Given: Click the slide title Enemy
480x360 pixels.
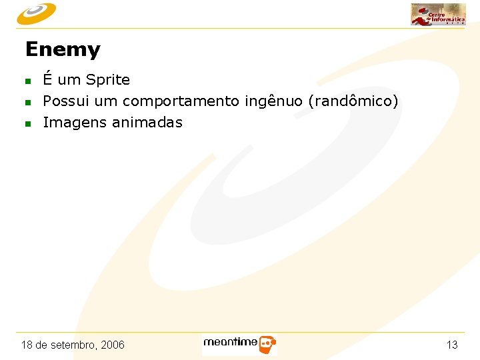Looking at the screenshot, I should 62,50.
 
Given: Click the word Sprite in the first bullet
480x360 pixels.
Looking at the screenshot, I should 108,80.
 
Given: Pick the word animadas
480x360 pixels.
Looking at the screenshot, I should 147,123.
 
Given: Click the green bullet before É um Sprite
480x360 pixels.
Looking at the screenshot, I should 28,81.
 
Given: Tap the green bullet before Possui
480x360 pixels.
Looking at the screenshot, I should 28,103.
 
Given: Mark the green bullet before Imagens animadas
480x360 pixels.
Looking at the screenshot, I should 28,124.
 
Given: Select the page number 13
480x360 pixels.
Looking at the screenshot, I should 452,345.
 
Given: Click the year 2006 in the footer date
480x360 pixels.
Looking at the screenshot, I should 113,345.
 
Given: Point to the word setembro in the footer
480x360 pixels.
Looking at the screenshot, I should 73,345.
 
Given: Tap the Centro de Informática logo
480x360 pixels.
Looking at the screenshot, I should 438,14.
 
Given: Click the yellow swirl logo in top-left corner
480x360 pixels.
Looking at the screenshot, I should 37,13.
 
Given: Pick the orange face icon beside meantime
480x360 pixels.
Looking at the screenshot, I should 267,345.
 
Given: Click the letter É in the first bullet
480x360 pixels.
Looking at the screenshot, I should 48,79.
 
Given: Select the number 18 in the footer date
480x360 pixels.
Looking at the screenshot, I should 27,345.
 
